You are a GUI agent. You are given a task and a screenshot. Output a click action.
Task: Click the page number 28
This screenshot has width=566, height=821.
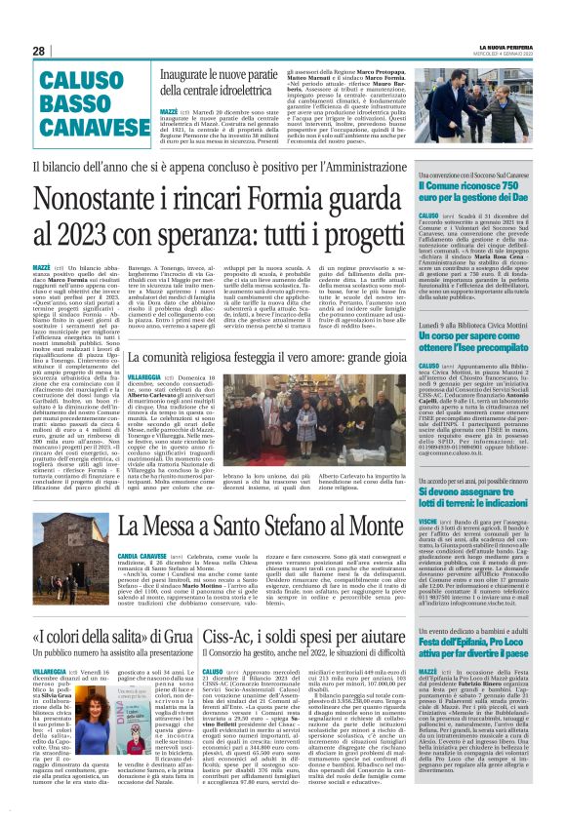38,51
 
